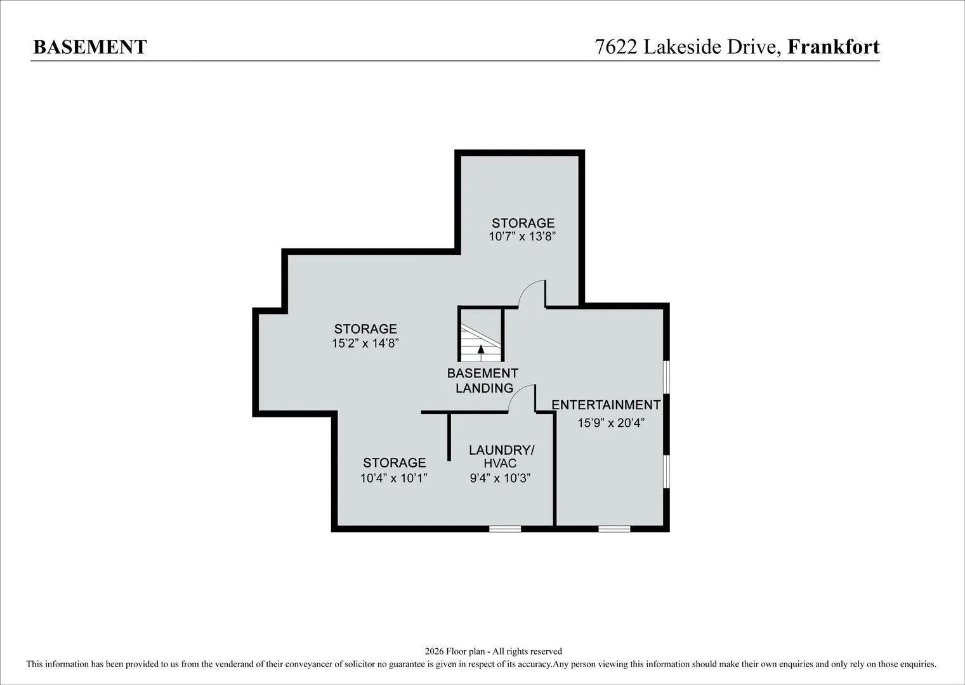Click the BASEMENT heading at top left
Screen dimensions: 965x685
91,47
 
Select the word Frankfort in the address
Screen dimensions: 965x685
834,46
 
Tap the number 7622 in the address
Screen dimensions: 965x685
615,47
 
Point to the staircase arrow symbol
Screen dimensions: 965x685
481,353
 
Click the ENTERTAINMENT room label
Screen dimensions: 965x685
606,405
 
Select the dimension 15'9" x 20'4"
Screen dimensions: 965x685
611,423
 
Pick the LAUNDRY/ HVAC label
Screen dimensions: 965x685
501,457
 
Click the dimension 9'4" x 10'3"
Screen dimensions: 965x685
500,478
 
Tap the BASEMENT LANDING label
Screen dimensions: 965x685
483,381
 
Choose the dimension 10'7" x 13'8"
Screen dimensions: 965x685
522,237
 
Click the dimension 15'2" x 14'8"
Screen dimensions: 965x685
365,343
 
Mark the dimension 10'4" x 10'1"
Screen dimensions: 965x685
394,478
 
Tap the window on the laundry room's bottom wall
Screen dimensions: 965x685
505,529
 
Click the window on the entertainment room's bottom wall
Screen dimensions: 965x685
614,529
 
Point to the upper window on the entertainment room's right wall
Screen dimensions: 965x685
666,377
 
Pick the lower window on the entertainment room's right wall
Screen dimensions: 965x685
666,471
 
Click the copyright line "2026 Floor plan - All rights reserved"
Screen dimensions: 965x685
493,651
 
